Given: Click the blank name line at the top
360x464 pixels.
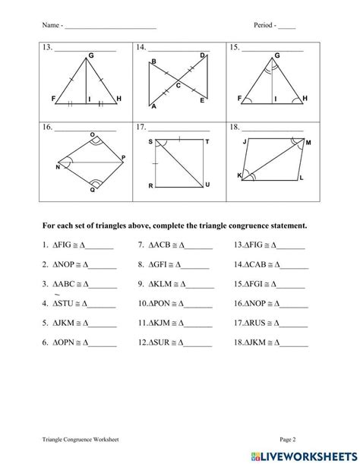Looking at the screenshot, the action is click(x=111, y=27).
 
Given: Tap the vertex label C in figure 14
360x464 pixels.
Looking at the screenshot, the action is click(x=178, y=86).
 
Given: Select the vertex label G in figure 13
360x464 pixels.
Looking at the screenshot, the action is click(x=91, y=55).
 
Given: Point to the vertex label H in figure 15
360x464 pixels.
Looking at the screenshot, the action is click(x=305, y=99).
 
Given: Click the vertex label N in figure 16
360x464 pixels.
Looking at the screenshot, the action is click(x=57, y=166).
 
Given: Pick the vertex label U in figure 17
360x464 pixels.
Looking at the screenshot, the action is click(x=208, y=185).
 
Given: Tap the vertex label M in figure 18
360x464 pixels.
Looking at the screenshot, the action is click(x=308, y=142).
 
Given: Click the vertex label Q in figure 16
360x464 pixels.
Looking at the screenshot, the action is click(x=93, y=190).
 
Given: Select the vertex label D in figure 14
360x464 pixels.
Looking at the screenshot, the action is click(x=202, y=56).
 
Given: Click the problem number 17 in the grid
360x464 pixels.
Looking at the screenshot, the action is click(x=141, y=128).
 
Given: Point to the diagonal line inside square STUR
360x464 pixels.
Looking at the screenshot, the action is click(x=179, y=163).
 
